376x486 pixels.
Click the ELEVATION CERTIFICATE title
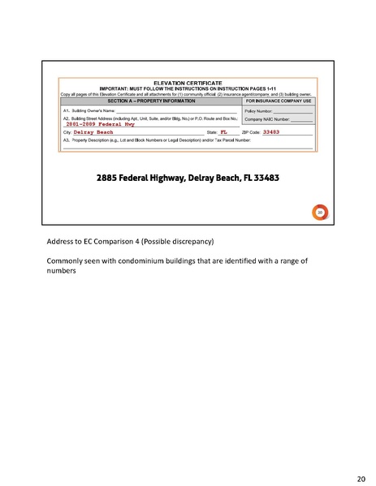click(188, 83)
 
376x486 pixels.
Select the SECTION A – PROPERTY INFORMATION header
click(149, 101)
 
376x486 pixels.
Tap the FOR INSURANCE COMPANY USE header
click(277, 101)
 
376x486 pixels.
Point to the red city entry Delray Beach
click(94, 131)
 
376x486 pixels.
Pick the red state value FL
click(223, 131)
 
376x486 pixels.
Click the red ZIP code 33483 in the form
click(271, 131)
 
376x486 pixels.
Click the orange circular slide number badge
click(320, 213)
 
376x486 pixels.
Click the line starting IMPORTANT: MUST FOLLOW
click(188, 88)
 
